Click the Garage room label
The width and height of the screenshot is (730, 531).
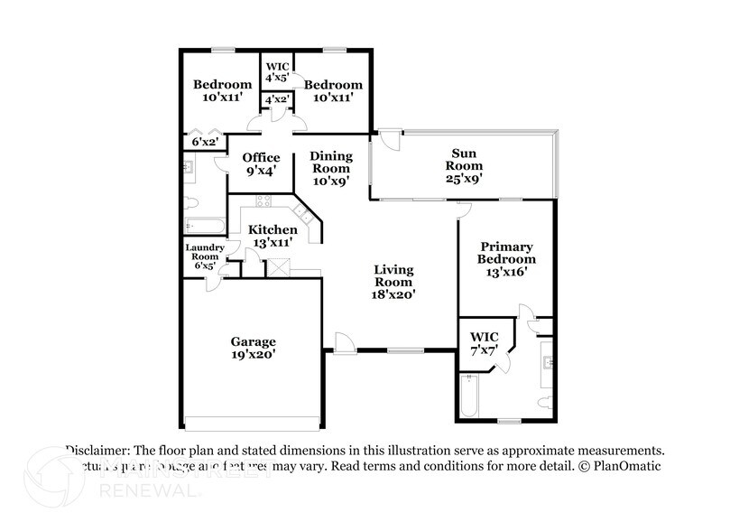[x=253, y=341]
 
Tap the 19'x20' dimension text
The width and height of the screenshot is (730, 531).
[x=253, y=355]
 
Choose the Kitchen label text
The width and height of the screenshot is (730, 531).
[x=273, y=229]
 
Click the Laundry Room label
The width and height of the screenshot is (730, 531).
[x=204, y=252]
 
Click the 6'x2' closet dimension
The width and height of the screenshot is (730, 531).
[x=203, y=143]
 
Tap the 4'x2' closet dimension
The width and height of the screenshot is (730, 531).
[x=275, y=100]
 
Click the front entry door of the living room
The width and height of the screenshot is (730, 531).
[x=343, y=342]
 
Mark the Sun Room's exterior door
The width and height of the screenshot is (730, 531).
[x=389, y=141]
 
